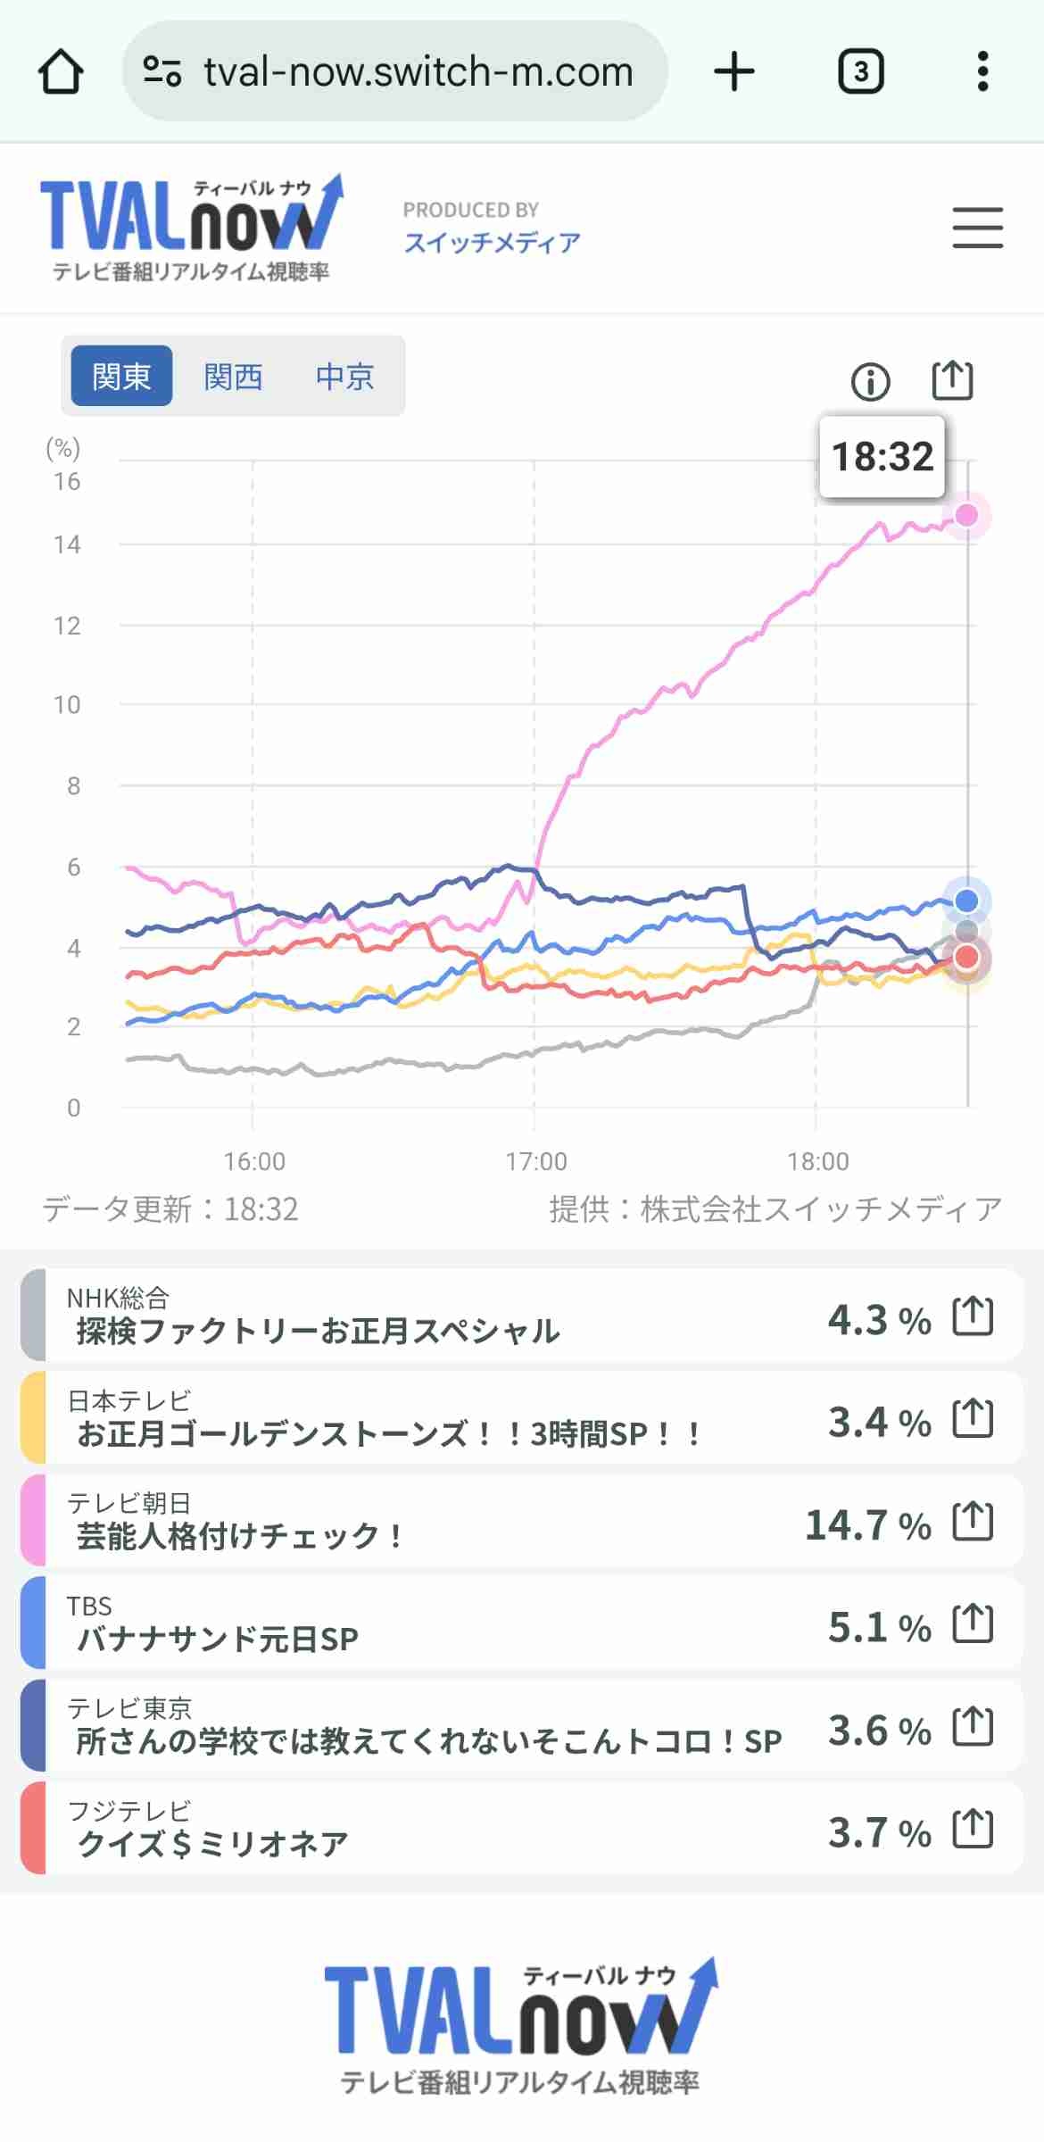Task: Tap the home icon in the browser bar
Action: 61,71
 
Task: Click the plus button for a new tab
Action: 734,71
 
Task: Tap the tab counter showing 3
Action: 860,71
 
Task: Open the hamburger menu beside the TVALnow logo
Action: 977,228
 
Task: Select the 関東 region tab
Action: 121,376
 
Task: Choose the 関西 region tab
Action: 233,376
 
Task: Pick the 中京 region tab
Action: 344,376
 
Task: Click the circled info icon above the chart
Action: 870,382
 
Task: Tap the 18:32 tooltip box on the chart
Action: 882,456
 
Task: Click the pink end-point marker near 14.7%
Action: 966,515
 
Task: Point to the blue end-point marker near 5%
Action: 966,901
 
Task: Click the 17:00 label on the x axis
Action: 535,1161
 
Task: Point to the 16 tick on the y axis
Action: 67,482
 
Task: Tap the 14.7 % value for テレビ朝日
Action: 867,1524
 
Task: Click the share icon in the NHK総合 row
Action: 973,1316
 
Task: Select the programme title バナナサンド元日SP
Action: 218,1639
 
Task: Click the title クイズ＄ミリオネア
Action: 212,1844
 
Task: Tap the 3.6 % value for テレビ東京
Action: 879,1730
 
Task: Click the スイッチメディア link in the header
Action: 492,242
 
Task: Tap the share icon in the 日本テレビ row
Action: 973,1419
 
